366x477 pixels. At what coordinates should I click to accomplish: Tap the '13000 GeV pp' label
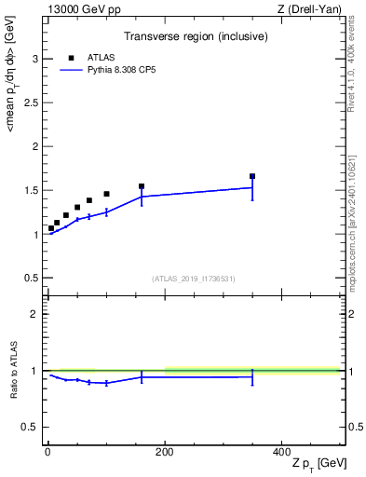(x=80, y=9)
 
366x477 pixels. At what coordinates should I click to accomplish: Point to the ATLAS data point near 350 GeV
(x=252, y=176)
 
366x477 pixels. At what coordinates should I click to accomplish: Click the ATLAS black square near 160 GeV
(x=142, y=186)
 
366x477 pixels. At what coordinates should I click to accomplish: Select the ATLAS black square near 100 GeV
(x=106, y=194)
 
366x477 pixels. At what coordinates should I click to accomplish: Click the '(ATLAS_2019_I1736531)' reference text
(x=194, y=279)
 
